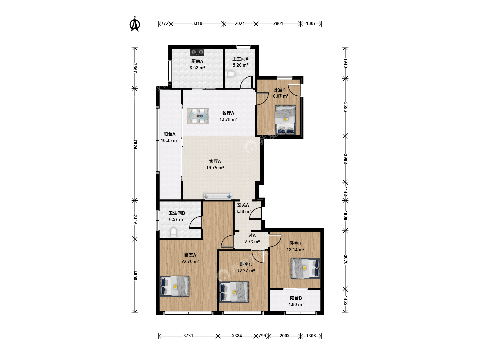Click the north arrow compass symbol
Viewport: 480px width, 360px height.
(135, 24)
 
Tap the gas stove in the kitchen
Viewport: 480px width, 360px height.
(197, 52)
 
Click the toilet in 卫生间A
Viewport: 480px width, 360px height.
(230, 74)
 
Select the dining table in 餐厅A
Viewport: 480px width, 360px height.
(198, 116)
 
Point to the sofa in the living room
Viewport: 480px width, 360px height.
(218, 196)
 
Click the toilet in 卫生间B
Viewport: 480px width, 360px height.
(173, 232)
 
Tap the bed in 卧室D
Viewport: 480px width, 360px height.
(285, 120)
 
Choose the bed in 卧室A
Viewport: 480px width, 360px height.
(175, 286)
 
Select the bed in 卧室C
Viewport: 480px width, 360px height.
(234, 292)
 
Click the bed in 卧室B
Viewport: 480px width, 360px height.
(305, 269)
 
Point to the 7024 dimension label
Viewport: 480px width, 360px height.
(135, 144)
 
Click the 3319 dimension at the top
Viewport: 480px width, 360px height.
(197, 23)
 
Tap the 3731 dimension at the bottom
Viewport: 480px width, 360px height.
(188, 336)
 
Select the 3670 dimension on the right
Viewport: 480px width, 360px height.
(345, 260)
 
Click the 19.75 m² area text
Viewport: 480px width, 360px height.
(215, 168)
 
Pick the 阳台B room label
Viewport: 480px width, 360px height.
(296, 298)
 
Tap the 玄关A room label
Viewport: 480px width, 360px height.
(243, 205)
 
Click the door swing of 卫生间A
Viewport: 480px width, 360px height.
(246, 82)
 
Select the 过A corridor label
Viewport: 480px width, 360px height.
(252, 236)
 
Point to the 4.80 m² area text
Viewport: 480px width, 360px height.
(296, 304)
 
